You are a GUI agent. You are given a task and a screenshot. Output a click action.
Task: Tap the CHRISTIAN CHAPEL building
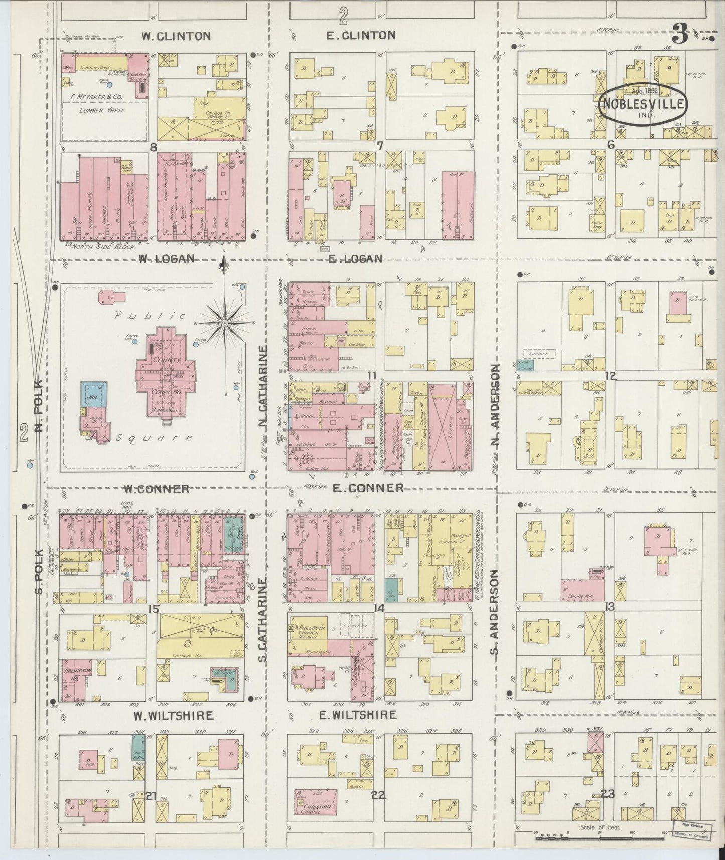coord(315,803)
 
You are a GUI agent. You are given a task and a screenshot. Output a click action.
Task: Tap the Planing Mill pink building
coord(582,589)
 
